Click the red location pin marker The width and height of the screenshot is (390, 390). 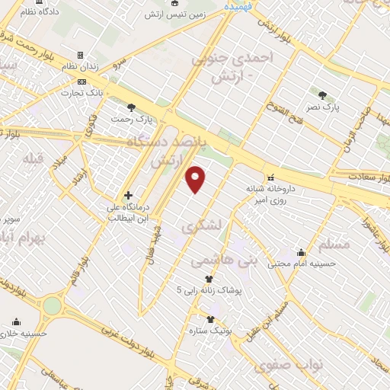pos(196,179)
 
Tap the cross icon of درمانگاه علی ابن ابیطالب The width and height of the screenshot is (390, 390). pos(128,195)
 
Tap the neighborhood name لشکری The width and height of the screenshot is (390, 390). pos(202,227)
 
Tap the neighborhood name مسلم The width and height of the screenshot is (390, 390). pos(337,245)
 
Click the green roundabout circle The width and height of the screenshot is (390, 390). pos(52,305)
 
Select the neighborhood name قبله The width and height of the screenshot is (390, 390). pos(34,158)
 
